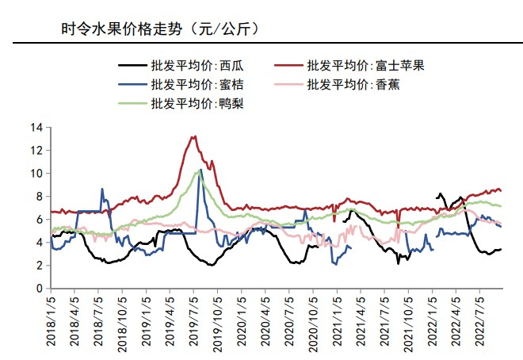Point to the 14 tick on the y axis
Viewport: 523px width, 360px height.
pos(36,127)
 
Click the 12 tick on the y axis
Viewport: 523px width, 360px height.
pos(36,150)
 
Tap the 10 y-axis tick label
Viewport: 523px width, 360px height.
pos(36,173)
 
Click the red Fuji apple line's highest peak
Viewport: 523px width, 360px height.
pos(193,136)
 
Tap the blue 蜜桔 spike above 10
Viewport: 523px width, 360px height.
pos(200,169)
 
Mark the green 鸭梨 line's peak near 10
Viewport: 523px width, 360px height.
pos(197,171)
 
